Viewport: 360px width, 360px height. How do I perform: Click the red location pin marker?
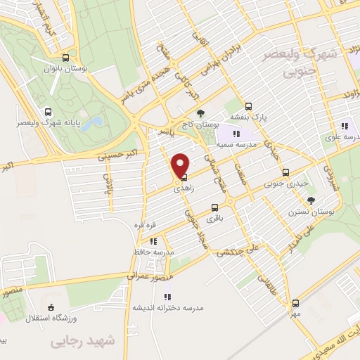pyautogui.click(x=181, y=165)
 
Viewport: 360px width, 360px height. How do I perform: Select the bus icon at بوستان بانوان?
pyautogui.click(x=65, y=58)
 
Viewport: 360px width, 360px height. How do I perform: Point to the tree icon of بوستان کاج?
pyautogui.click(x=201, y=113)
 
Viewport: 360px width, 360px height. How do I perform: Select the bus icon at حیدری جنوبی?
pyautogui.click(x=285, y=172)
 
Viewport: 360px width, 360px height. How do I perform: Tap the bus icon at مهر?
pyautogui.click(x=296, y=304)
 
